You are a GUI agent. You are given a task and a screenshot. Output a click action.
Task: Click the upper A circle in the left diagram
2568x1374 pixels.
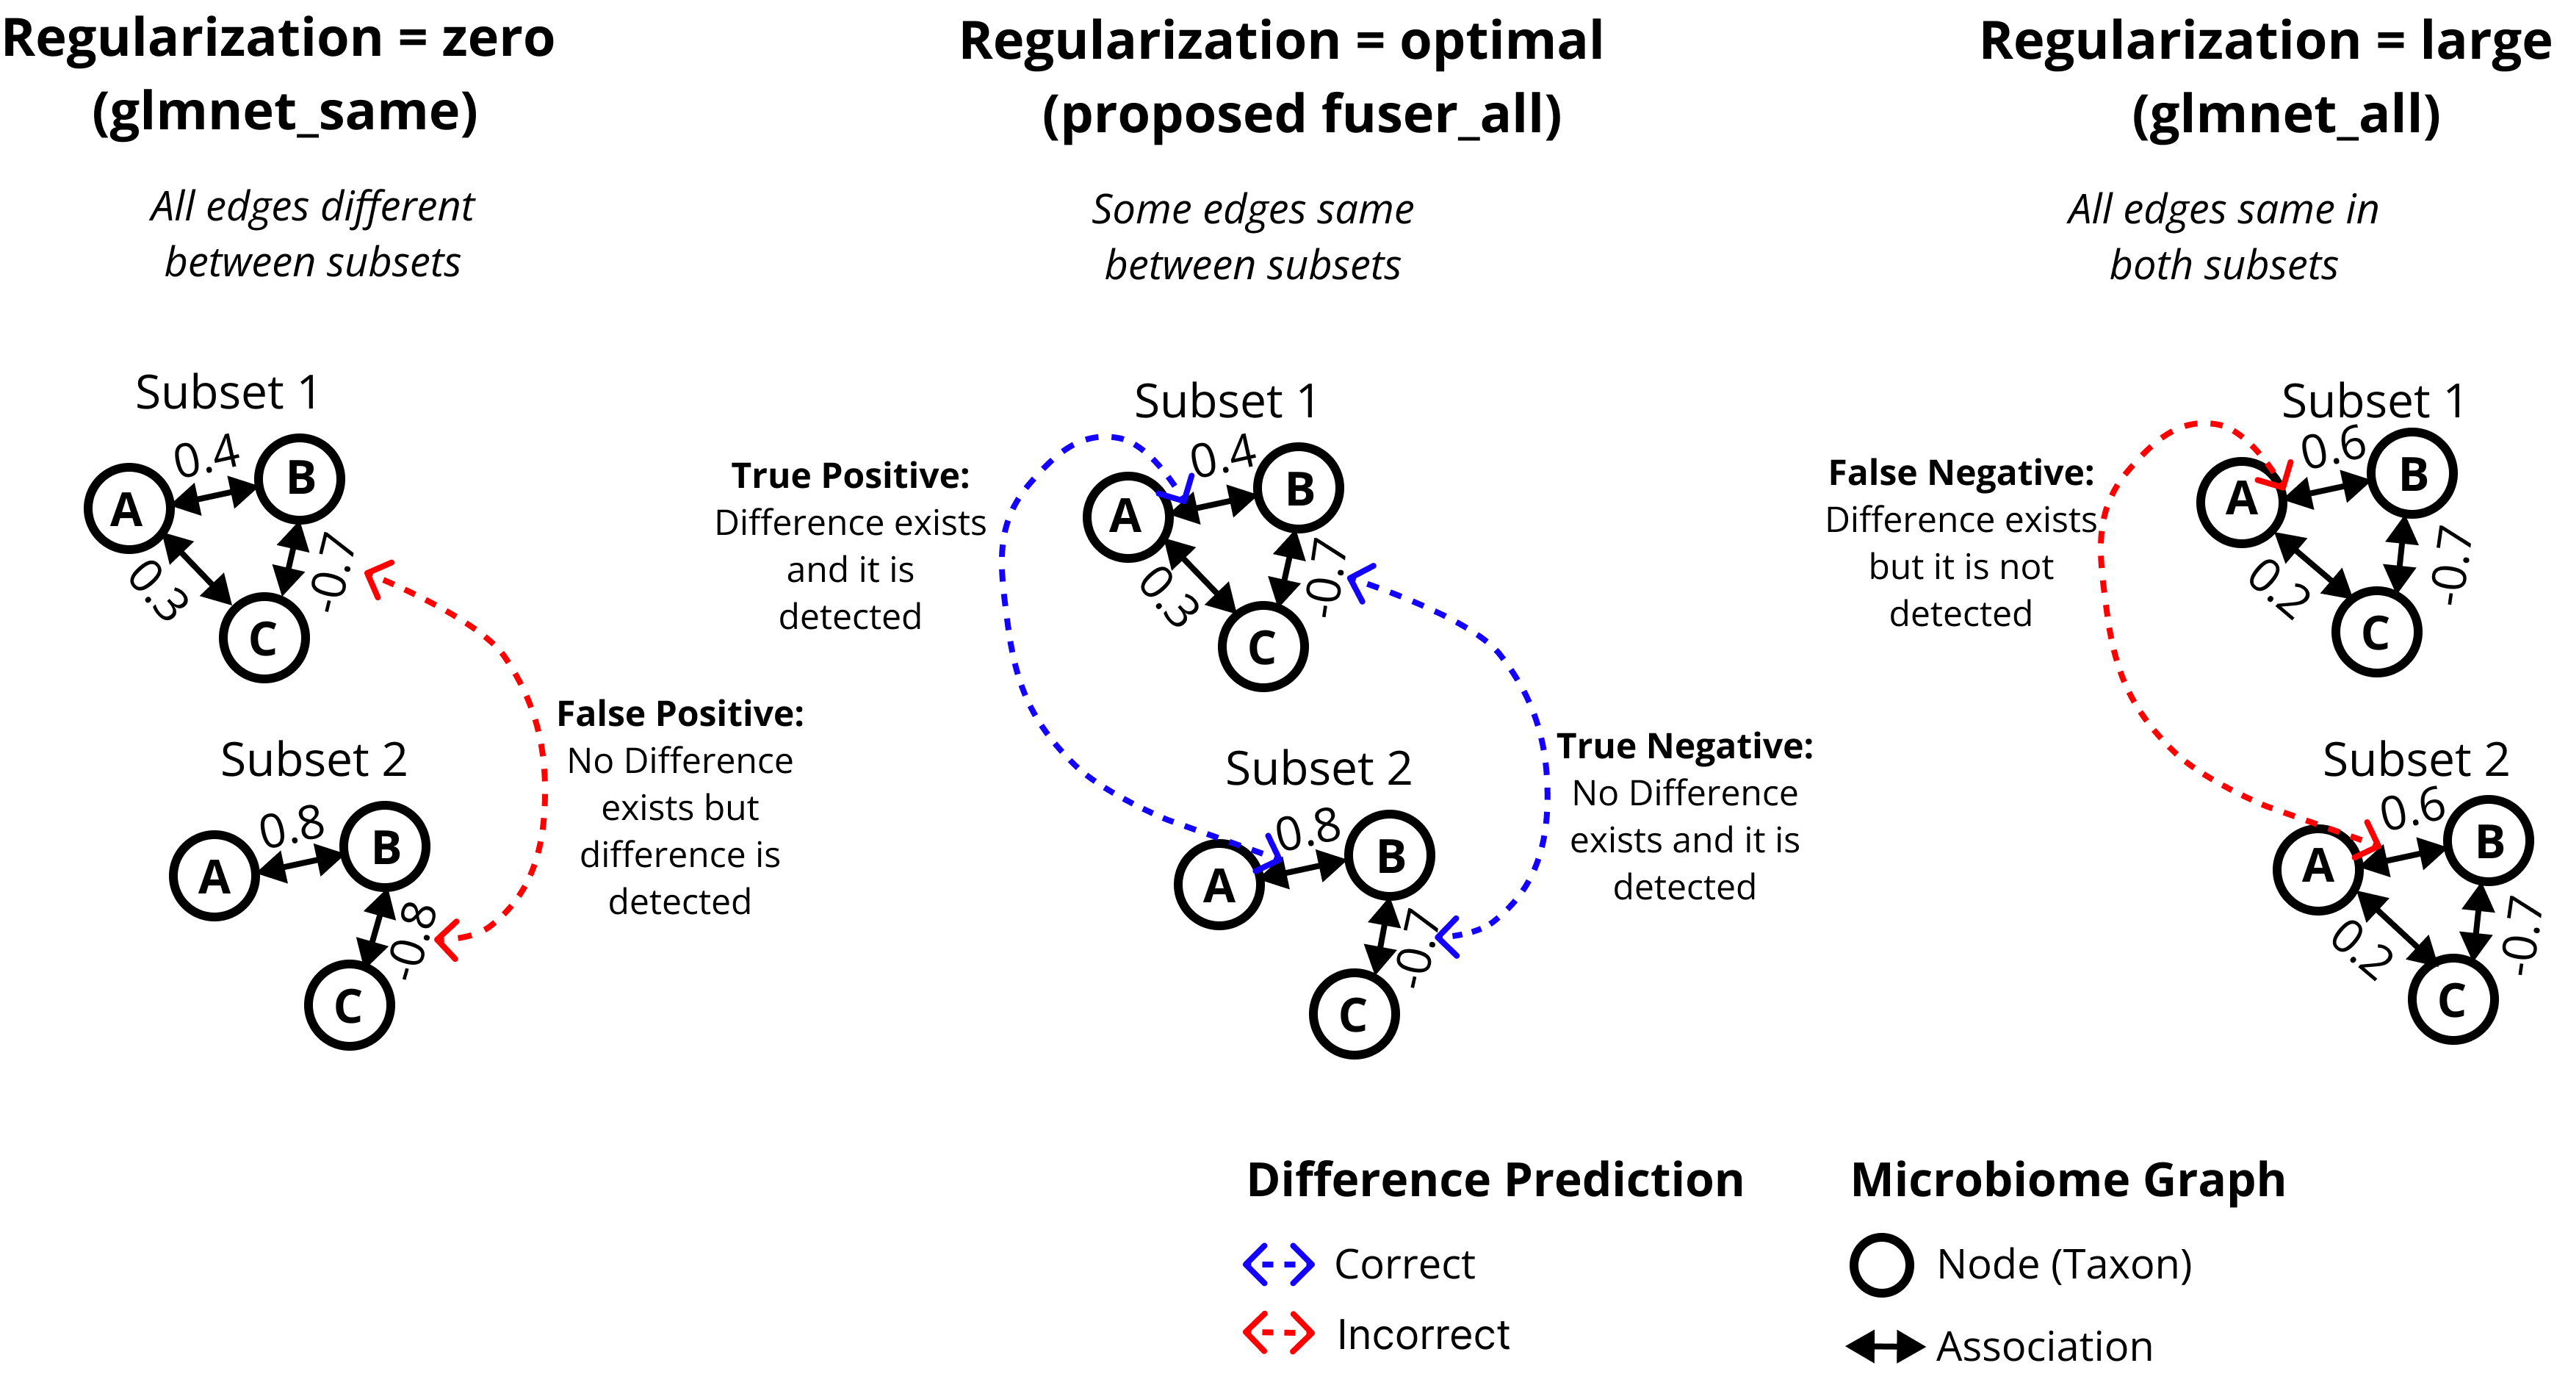[129, 508]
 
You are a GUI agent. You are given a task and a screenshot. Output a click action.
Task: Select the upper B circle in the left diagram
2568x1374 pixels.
[300, 478]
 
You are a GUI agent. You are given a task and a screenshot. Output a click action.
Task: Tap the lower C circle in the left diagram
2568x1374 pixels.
[350, 1005]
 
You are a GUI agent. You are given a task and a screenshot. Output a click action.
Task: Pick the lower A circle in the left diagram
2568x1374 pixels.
[214, 875]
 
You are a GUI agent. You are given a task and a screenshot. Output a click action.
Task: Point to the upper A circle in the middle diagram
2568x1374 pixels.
[1128, 517]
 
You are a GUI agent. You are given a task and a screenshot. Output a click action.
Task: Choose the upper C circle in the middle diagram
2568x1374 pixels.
[1263, 646]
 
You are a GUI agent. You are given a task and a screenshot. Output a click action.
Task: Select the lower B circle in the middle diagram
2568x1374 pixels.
[1390, 855]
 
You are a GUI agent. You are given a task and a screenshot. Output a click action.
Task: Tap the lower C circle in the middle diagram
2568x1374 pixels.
[1354, 1014]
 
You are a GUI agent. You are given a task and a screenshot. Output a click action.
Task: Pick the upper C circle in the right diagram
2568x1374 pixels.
[2376, 632]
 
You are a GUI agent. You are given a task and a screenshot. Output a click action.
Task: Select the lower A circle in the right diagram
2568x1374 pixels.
[2318, 869]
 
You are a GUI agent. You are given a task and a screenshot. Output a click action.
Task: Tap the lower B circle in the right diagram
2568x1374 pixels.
[2488, 841]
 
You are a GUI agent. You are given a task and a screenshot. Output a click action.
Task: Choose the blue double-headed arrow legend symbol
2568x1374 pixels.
[1279, 1265]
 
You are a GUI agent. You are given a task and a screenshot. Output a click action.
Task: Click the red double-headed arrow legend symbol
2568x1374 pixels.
[1279, 1332]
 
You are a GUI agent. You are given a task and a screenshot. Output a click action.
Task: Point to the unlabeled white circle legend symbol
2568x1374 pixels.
[1881, 1265]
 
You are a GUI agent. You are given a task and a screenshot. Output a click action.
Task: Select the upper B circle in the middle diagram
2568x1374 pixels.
[1299, 488]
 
